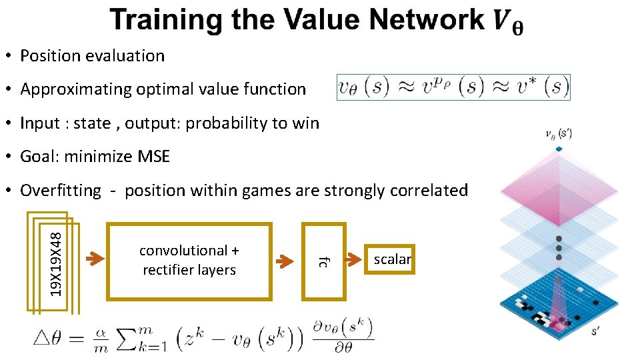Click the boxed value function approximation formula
(x=453, y=87)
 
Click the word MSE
(x=154, y=157)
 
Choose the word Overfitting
(x=61, y=191)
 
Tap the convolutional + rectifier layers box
(x=189, y=261)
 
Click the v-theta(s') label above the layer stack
(x=559, y=135)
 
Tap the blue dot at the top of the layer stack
(x=559, y=148)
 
